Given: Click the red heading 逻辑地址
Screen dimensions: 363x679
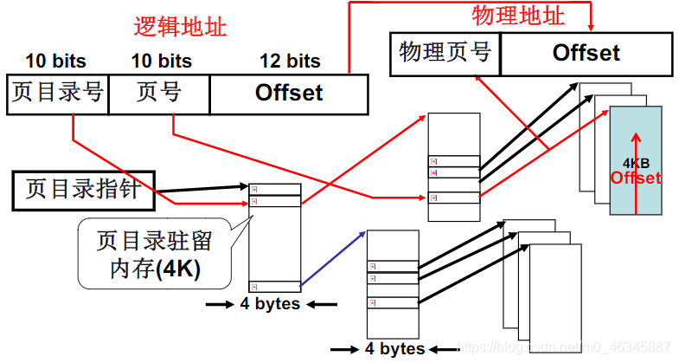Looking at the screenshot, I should pos(180,27).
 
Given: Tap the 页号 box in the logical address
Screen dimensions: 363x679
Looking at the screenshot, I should pos(158,93).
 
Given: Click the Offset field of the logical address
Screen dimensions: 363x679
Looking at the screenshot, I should pos(289,93).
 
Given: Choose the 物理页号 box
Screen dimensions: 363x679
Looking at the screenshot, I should pos(445,53).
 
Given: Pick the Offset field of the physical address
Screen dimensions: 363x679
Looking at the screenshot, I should pos(586,53).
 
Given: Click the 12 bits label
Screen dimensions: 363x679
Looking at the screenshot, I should pos(290,61).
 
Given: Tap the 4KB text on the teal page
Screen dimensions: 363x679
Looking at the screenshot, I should pos(636,163).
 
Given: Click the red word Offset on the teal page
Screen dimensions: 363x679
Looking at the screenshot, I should pos(636,178).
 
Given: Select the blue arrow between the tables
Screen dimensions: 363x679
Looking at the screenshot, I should pos(333,257).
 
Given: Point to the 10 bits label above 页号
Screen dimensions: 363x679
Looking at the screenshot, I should pos(161,61).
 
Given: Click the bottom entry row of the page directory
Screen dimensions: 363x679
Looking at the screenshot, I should pos(275,286).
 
